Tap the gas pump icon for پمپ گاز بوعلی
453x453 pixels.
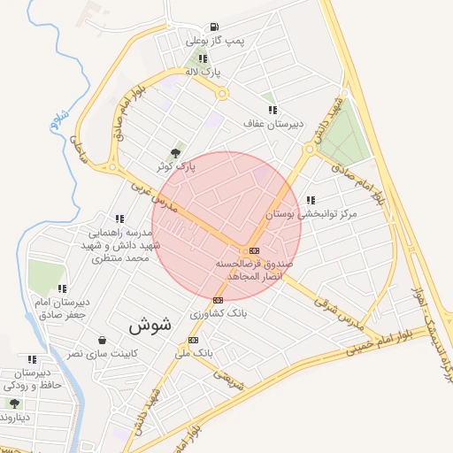coord(213,27)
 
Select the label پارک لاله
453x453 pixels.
coord(203,71)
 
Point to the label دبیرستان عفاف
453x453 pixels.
coord(274,124)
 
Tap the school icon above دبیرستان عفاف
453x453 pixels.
coord(273,110)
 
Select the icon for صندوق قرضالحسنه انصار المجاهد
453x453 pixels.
coord(255,251)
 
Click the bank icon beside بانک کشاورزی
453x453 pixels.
coord(219,300)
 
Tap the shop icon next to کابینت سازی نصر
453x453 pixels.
coord(103,341)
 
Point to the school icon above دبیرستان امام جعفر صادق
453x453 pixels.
coord(62,288)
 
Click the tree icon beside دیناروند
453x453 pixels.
coord(14,403)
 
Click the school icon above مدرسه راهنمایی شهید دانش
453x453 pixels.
coord(119,219)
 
